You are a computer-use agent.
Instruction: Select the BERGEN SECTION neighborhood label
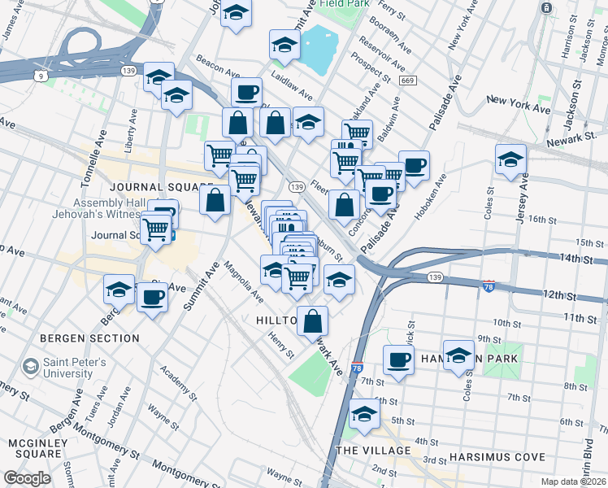point(88,338)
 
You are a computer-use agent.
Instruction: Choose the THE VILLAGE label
point(373,451)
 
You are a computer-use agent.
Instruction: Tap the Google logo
point(27,478)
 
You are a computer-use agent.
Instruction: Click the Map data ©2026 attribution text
point(574,481)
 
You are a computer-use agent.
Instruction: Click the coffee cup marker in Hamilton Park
point(398,359)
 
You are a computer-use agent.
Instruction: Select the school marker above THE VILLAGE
point(365,415)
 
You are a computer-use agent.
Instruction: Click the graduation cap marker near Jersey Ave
point(510,159)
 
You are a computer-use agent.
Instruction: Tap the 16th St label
point(540,220)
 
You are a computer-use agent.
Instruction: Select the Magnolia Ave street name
point(243,281)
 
